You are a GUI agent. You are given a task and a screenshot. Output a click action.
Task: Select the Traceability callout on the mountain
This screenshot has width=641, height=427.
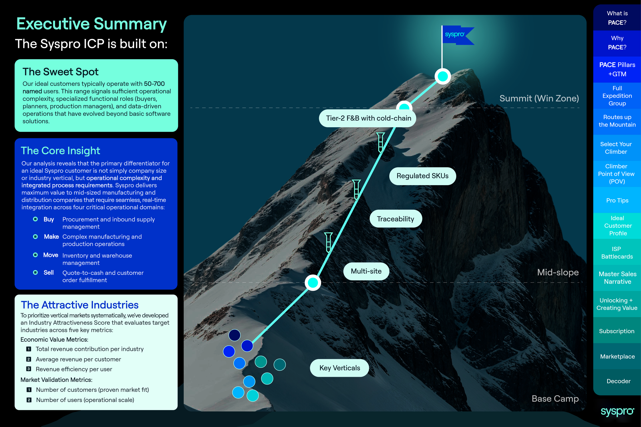coord(395,219)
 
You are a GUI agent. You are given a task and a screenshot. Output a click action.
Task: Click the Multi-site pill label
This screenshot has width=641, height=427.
coord(366,271)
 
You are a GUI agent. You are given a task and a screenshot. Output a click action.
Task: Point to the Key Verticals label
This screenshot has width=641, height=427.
coord(339,368)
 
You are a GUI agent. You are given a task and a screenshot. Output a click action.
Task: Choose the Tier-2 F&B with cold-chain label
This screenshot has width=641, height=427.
coord(368,118)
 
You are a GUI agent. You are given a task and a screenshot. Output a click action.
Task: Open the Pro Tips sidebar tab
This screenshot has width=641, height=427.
coord(617,200)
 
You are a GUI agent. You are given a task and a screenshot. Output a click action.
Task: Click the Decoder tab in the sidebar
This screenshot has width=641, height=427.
coord(618,381)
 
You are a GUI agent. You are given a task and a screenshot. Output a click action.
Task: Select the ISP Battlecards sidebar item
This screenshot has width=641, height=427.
coord(617,253)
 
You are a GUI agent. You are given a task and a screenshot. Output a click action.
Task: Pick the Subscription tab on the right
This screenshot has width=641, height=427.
coord(616,331)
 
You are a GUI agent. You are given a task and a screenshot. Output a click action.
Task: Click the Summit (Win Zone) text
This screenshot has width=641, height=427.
coord(539,98)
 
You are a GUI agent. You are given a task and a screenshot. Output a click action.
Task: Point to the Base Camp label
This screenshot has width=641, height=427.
coord(555,399)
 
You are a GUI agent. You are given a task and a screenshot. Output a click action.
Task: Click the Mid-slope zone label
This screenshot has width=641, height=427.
coord(558,272)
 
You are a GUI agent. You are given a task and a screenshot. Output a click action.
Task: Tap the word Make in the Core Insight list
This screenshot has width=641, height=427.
coord(51,237)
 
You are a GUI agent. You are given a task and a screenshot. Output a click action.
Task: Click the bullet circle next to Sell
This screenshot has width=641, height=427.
coord(35,272)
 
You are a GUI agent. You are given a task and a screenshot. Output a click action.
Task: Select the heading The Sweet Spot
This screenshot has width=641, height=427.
coord(60,72)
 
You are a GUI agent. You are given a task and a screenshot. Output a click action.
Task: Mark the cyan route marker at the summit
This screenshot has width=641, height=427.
coord(442,76)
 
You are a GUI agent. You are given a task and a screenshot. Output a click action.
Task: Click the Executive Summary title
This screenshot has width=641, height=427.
coord(91,24)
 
